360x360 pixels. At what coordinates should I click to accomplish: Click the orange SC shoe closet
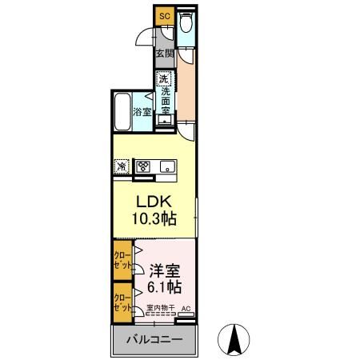coord(164,15)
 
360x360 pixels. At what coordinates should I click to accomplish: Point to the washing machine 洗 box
coord(163,79)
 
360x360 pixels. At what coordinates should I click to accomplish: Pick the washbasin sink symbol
coord(164,121)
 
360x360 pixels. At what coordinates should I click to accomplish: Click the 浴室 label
coord(142,113)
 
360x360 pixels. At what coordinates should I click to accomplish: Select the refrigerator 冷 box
coord(122,166)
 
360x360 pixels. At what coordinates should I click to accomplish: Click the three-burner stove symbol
coord(144,166)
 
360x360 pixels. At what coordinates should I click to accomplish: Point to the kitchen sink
coord(168,166)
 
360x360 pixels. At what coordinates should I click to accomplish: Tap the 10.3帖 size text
coord(154,218)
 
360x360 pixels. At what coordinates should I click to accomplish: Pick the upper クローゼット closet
coord(122,259)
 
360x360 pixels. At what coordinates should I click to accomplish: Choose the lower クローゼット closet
coord(122,302)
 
